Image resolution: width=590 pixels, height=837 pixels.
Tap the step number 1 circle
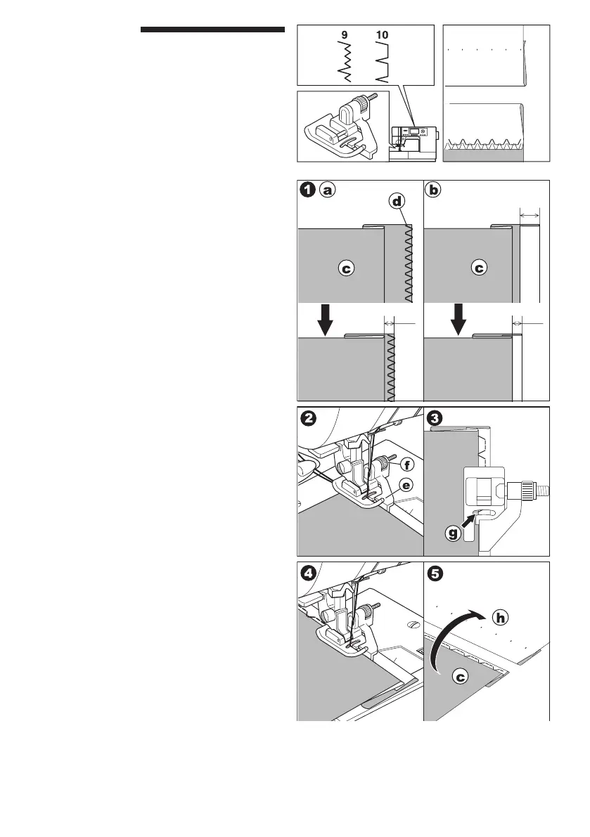[x=307, y=189]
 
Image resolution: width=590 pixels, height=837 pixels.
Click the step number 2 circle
[x=307, y=417]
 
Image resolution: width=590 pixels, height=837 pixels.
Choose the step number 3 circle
[x=435, y=417]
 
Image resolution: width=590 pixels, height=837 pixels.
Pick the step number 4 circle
[x=307, y=572]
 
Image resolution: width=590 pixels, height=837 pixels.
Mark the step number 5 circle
[x=435, y=572]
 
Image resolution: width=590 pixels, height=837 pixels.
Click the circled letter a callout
[x=326, y=189]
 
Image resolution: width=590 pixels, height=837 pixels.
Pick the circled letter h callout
[x=500, y=618]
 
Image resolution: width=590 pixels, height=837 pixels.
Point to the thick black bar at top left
[x=212, y=30]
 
